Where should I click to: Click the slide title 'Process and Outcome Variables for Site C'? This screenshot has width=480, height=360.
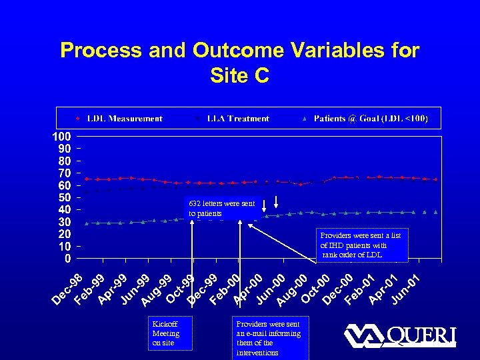click(239, 62)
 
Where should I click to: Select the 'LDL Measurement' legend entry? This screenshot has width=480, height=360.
click(125, 119)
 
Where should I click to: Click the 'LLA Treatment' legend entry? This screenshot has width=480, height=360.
click(237, 119)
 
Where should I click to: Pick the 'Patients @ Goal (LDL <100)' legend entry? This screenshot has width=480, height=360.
click(371, 119)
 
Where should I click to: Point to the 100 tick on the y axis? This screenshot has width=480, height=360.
click(62, 136)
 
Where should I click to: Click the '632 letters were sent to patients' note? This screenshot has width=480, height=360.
click(221, 209)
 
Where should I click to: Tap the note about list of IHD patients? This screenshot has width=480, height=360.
click(363, 245)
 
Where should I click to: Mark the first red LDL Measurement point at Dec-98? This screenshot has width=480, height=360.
click(86, 178)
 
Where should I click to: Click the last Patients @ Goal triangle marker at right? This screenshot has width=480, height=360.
click(435, 211)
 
